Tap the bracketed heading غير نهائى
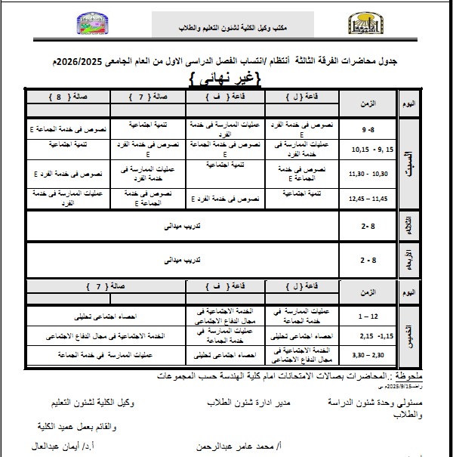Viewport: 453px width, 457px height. (227, 78)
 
